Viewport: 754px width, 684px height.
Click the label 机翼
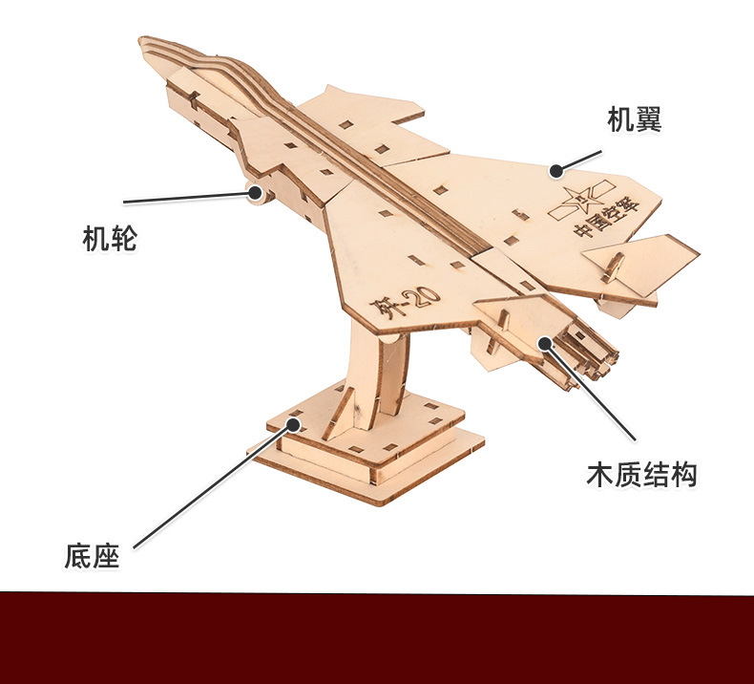point(634,119)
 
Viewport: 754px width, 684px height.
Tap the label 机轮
point(110,239)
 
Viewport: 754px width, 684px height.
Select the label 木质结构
point(641,474)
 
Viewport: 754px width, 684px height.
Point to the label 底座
point(93,556)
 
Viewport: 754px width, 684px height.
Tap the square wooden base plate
point(367,459)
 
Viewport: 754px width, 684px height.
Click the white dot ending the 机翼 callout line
point(555,170)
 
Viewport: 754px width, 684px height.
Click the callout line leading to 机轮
point(186,198)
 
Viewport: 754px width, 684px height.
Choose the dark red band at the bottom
point(377,637)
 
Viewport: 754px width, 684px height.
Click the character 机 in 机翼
point(620,119)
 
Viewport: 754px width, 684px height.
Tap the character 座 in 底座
point(106,556)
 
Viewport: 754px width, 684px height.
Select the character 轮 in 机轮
point(123,239)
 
